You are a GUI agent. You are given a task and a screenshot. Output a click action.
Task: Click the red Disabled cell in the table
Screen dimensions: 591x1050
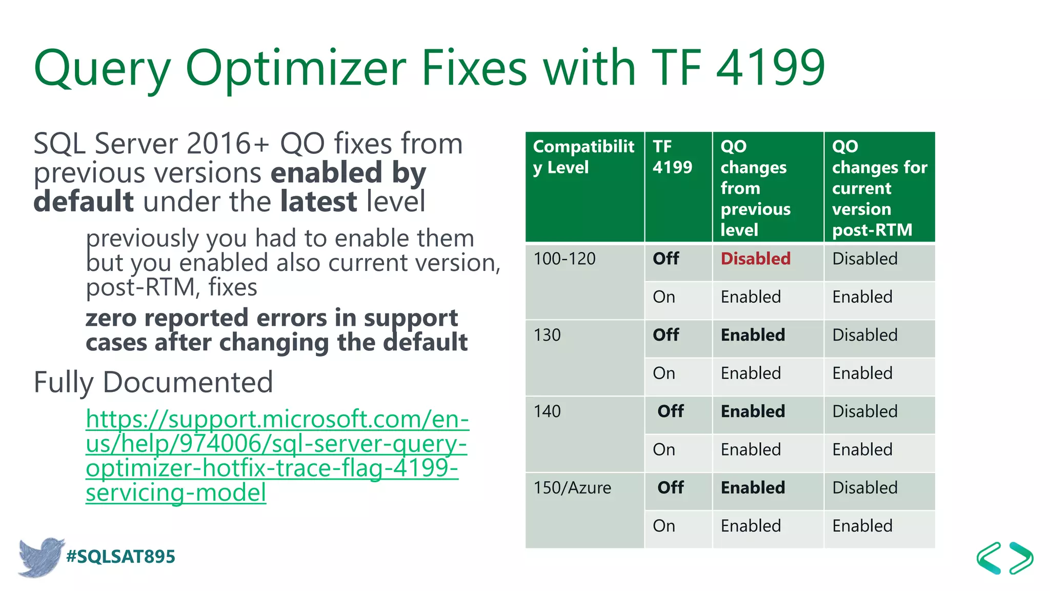pyautogui.click(x=755, y=259)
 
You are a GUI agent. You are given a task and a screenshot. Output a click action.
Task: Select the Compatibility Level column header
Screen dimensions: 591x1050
pyautogui.click(x=583, y=157)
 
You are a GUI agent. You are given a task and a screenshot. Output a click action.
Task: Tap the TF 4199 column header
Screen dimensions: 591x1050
pyautogui.click(x=672, y=157)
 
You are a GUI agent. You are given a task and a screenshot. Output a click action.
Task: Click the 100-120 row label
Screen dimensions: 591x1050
pyautogui.click(x=564, y=259)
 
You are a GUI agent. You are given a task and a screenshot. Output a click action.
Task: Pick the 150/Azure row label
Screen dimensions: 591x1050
pyautogui.click(x=572, y=487)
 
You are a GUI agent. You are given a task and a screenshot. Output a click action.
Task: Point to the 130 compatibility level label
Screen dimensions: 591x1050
pyautogui.click(x=547, y=335)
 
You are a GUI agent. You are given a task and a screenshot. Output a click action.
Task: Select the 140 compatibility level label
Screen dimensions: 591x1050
pyautogui.click(x=547, y=411)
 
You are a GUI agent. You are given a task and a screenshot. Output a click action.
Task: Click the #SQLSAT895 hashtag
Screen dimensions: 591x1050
pyautogui.click(x=120, y=557)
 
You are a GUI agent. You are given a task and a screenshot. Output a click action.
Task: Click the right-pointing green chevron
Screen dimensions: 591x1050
pyautogui.click(x=1021, y=558)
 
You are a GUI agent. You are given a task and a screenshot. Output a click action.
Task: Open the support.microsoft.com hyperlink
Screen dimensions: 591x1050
pyautogui.click(x=277, y=456)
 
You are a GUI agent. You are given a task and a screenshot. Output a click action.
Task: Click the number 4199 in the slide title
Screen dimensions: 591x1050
pyautogui.click(x=770, y=68)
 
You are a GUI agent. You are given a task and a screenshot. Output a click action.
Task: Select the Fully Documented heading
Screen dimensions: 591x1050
pyautogui.click(x=153, y=382)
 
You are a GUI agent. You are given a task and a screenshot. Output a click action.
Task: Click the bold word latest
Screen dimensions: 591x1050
pyautogui.click(x=318, y=201)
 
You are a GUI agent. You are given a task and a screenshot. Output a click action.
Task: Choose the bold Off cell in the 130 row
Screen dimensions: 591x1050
pyautogui.click(x=665, y=335)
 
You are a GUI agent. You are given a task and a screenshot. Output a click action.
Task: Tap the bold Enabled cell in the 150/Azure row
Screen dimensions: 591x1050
pyautogui.click(x=753, y=487)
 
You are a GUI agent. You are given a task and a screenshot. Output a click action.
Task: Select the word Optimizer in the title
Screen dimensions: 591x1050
pyautogui.click(x=296, y=68)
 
